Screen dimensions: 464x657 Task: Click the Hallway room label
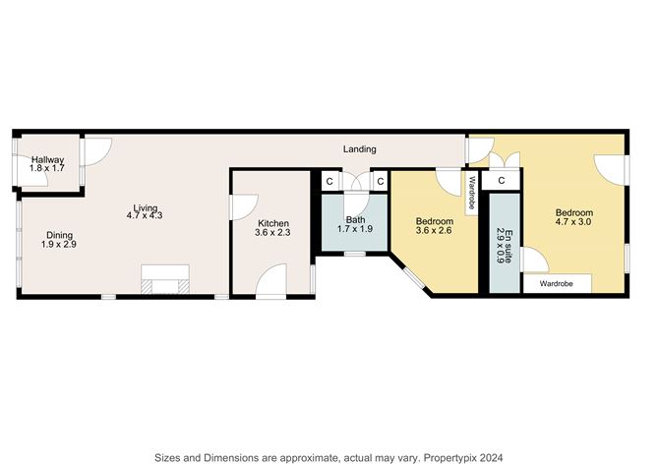(x=46, y=159)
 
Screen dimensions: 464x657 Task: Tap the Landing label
(x=359, y=148)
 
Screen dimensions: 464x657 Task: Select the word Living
(x=146, y=208)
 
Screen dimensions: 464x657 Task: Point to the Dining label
(x=59, y=234)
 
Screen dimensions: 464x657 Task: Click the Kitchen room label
(x=271, y=223)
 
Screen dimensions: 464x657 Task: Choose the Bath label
(x=355, y=218)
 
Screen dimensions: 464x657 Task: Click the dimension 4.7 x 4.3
(x=146, y=217)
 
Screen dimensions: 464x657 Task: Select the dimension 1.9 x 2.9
(x=59, y=244)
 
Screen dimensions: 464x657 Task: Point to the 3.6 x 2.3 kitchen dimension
(x=271, y=233)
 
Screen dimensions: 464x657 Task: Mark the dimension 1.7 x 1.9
(x=355, y=228)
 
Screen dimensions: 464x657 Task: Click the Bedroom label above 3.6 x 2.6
(x=434, y=221)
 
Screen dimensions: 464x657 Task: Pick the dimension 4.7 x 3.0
(x=574, y=222)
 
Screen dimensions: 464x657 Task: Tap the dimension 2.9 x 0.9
(x=499, y=243)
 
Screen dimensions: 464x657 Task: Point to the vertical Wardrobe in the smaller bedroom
(x=472, y=192)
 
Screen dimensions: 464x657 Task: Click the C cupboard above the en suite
(x=501, y=181)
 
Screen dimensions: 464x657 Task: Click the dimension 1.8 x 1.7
(x=46, y=169)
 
